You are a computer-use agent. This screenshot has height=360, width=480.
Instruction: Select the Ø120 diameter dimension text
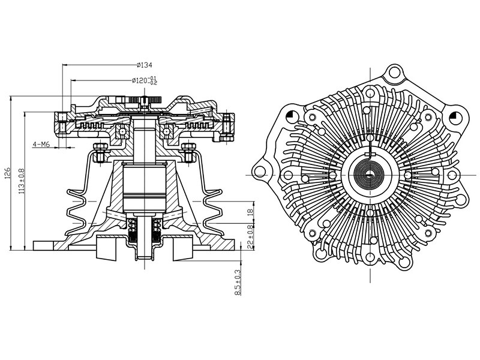click(143, 80)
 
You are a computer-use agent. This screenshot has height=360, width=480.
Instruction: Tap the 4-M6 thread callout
click(41, 145)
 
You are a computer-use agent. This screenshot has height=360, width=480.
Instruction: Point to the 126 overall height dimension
click(6, 175)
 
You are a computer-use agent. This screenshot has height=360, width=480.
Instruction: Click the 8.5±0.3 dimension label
click(238, 282)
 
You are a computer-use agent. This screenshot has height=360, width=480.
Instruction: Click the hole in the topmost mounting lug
click(394, 74)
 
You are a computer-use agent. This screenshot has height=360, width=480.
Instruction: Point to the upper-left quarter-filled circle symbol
click(291, 115)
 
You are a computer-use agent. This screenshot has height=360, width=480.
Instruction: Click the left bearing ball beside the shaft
click(122, 131)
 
